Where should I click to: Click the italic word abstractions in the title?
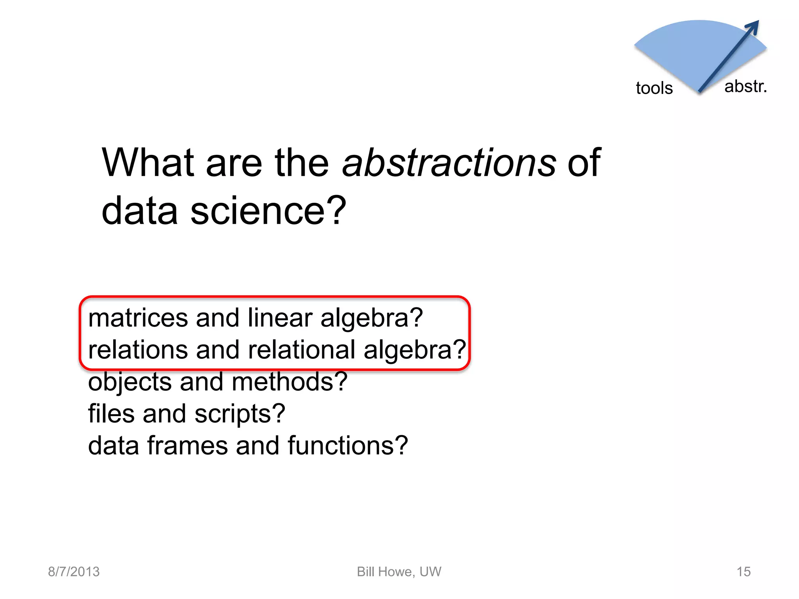[449, 163]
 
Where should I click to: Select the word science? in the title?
[268, 211]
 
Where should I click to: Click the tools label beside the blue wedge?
[654, 88]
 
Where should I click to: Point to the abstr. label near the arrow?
[745, 87]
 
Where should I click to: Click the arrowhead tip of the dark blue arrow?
[757, 22]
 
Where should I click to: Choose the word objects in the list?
[130, 382]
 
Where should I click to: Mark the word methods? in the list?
[289, 382]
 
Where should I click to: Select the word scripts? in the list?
[240, 414]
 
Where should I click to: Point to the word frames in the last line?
[187, 446]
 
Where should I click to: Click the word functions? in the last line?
[348, 446]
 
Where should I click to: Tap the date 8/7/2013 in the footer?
[74, 572]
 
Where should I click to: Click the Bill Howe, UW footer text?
[399, 572]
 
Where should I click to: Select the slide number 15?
[743, 572]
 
